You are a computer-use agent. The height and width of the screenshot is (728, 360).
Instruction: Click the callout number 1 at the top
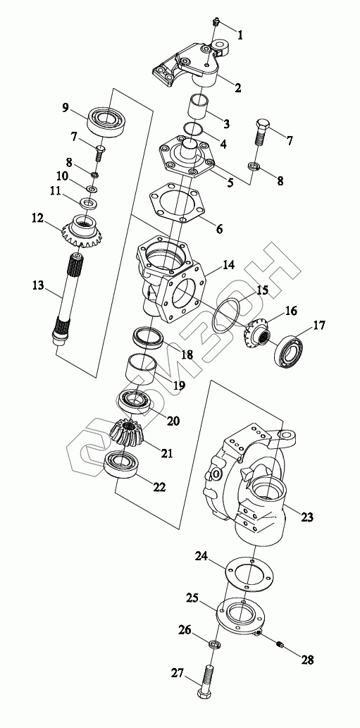(x=240, y=35)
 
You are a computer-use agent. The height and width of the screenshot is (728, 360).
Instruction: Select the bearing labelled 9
(x=108, y=121)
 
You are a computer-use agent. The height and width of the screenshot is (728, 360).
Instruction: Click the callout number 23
(x=307, y=517)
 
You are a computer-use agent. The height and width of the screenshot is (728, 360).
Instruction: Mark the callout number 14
(x=228, y=265)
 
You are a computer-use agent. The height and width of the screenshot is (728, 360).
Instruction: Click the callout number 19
(x=179, y=385)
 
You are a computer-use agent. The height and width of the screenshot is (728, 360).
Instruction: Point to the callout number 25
(x=193, y=597)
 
